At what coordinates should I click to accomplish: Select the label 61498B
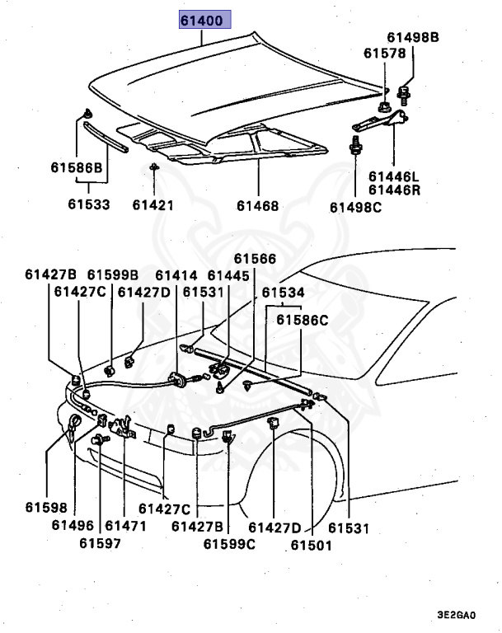click(413, 38)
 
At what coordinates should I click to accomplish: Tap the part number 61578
click(385, 54)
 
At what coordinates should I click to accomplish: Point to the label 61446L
click(393, 176)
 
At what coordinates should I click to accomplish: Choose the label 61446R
click(393, 189)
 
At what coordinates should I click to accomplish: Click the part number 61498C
click(356, 207)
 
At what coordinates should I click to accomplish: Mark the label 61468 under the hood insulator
click(257, 206)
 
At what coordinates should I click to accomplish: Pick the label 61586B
click(76, 167)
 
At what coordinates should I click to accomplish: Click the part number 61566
click(255, 259)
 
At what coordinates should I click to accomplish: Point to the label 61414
click(176, 275)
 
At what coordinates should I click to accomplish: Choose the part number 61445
click(228, 275)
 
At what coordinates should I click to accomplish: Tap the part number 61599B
click(114, 275)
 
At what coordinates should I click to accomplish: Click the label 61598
click(46, 509)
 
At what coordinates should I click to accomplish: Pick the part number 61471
click(125, 525)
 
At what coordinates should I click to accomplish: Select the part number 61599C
click(230, 543)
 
